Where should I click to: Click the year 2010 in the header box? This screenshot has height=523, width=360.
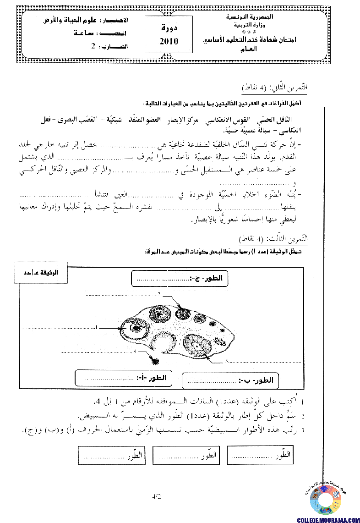pos(169,41)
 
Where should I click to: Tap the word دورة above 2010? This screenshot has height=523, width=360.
pos(169,28)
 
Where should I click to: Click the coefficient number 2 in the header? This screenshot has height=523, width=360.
pos(94,46)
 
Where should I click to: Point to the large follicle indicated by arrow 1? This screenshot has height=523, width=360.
pos(135,327)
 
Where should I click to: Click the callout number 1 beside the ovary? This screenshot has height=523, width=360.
pos(97,327)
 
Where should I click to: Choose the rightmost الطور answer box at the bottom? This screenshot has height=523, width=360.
pos(260,456)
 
